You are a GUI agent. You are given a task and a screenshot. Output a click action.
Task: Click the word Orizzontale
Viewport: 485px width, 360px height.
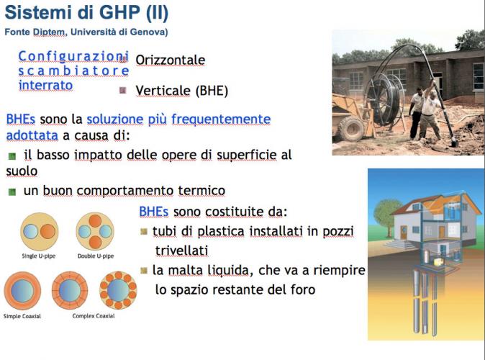(x=170, y=60)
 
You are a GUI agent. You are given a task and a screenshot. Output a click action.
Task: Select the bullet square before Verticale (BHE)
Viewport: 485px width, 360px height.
(x=123, y=91)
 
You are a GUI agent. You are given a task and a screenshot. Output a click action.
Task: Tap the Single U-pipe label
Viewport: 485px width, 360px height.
(x=39, y=256)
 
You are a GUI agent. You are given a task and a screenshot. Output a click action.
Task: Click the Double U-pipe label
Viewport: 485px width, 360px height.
(x=96, y=256)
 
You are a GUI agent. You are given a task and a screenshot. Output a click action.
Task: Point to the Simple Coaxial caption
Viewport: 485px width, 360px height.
(x=22, y=316)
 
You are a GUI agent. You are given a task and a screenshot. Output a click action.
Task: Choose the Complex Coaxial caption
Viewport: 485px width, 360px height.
(x=94, y=316)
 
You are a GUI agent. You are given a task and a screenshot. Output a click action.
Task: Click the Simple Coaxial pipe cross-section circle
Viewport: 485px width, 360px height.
(x=22, y=291)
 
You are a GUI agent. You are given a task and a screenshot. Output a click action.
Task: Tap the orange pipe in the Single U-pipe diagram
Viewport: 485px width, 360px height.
(x=47, y=231)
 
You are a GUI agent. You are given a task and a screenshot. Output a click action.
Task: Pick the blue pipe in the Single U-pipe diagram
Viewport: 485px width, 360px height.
(x=30, y=231)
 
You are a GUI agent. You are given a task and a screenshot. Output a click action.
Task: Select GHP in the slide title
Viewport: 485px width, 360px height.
(x=119, y=12)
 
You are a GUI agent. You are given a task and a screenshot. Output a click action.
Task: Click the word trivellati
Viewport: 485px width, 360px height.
(x=181, y=251)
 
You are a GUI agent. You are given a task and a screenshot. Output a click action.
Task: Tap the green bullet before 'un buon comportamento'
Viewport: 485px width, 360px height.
(x=12, y=192)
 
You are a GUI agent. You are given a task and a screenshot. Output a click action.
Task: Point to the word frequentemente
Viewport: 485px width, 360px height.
(x=221, y=120)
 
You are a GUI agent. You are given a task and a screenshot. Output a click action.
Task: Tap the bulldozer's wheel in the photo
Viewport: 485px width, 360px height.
(x=352, y=128)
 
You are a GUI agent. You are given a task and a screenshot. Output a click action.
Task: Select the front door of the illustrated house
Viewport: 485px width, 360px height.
(x=404, y=232)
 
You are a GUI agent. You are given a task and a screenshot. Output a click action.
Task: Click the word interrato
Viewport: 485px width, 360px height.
(x=45, y=85)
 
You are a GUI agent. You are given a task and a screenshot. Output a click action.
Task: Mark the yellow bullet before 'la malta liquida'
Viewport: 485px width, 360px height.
(x=143, y=271)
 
